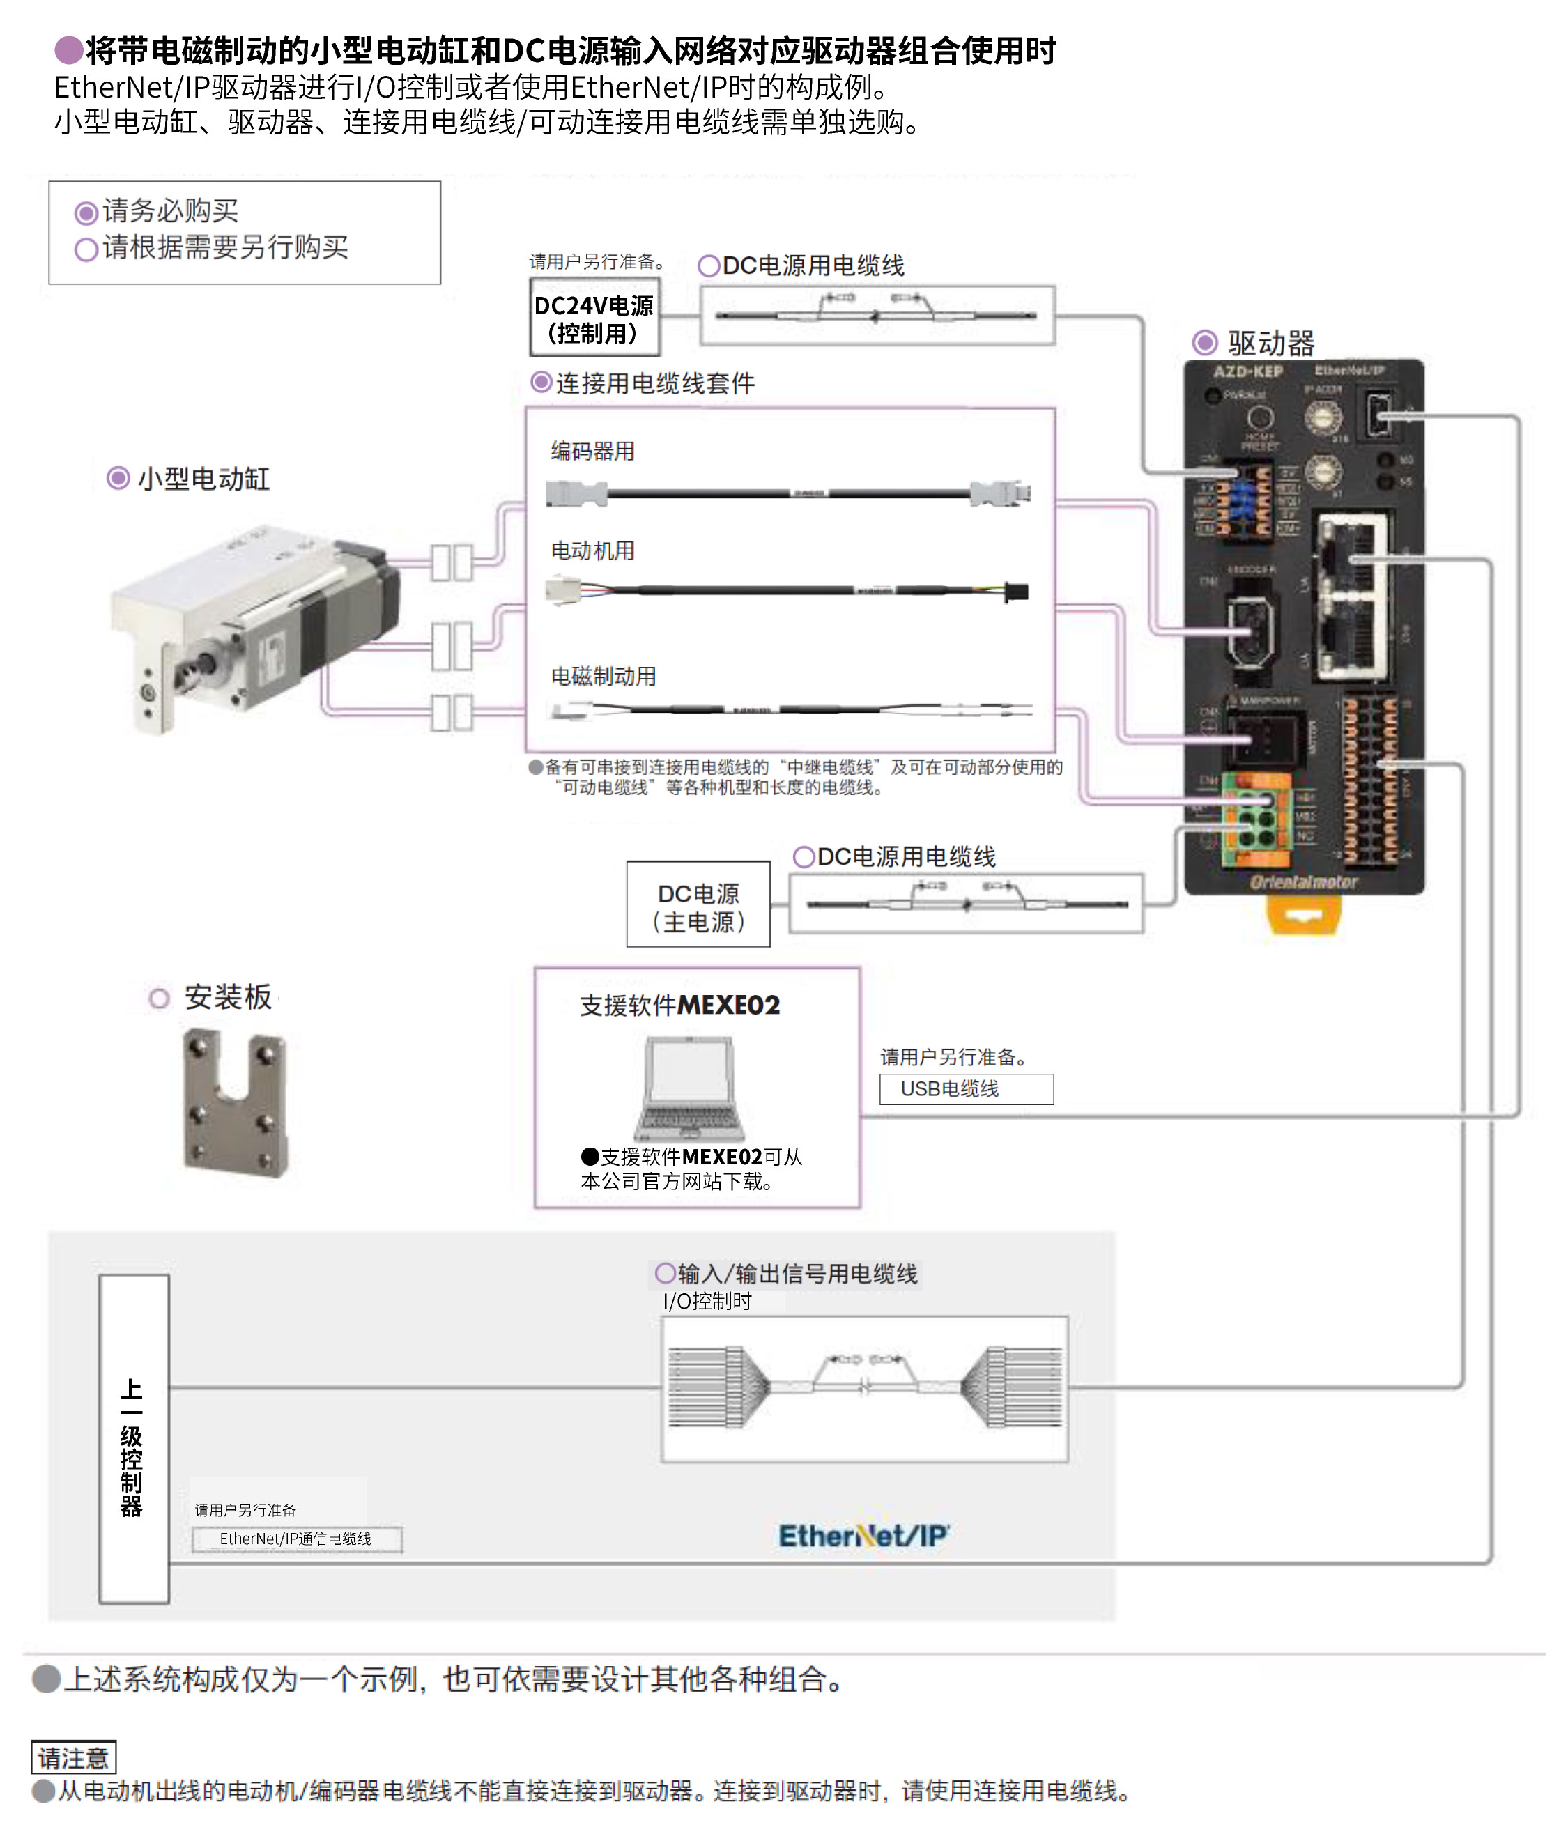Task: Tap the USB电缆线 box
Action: pos(966,1088)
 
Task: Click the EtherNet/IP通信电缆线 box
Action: pos(297,1539)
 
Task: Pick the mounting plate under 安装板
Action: pos(236,1101)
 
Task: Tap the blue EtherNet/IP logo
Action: pos(863,1535)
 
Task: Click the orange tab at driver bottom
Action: pos(1303,914)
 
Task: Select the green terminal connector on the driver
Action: pos(1255,820)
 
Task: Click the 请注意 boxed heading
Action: pos(73,1757)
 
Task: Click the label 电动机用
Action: pos(592,551)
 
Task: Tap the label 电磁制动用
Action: pos(604,676)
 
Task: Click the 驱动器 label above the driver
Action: pos(1270,343)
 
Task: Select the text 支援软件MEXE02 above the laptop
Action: pos(679,1005)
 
